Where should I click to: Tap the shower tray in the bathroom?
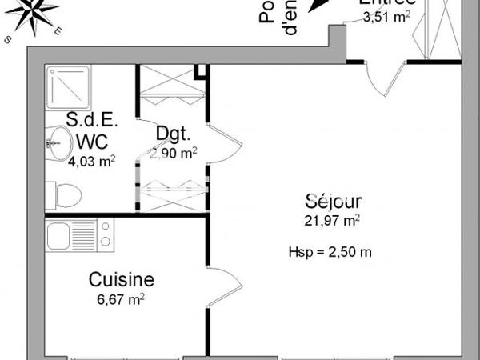(x=71, y=86)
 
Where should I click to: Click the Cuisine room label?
(x=121, y=280)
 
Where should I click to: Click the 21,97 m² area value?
(x=332, y=219)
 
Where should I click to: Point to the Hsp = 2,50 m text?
(x=330, y=252)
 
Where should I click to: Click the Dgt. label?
(x=173, y=134)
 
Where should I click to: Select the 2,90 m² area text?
(x=173, y=152)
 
